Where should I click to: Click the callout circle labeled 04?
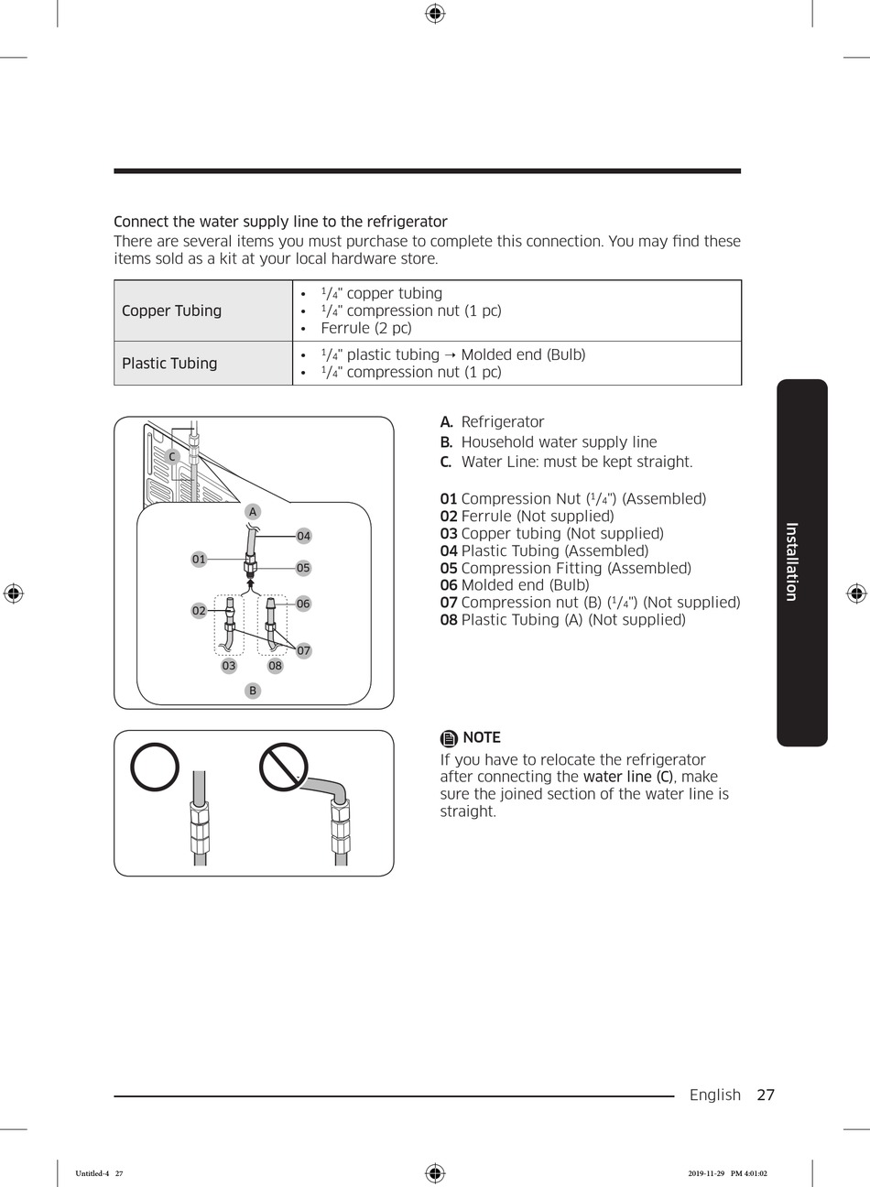click(x=303, y=536)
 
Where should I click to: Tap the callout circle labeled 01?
click(x=199, y=559)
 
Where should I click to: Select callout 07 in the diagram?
click(x=303, y=650)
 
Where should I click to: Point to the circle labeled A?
click(x=253, y=512)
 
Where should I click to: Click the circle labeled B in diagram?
click(x=253, y=691)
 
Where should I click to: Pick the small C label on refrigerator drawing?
click(x=171, y=456)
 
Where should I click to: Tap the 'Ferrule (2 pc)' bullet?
click(x=365, y=328)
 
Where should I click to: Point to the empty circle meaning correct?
click(x=155, y=767)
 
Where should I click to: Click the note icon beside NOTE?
click(x=449, y=738)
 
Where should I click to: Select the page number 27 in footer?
click(x=766, y=1094)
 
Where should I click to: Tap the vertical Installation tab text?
click(x=792, y=561)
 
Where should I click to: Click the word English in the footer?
click(x=714, y=1094)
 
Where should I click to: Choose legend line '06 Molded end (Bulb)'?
click(x=515, y=585)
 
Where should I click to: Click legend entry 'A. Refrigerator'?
click(x=493, y=422)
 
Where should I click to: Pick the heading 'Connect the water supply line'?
click(x=280, y=222)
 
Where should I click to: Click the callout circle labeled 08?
click(x=275, y=666)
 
